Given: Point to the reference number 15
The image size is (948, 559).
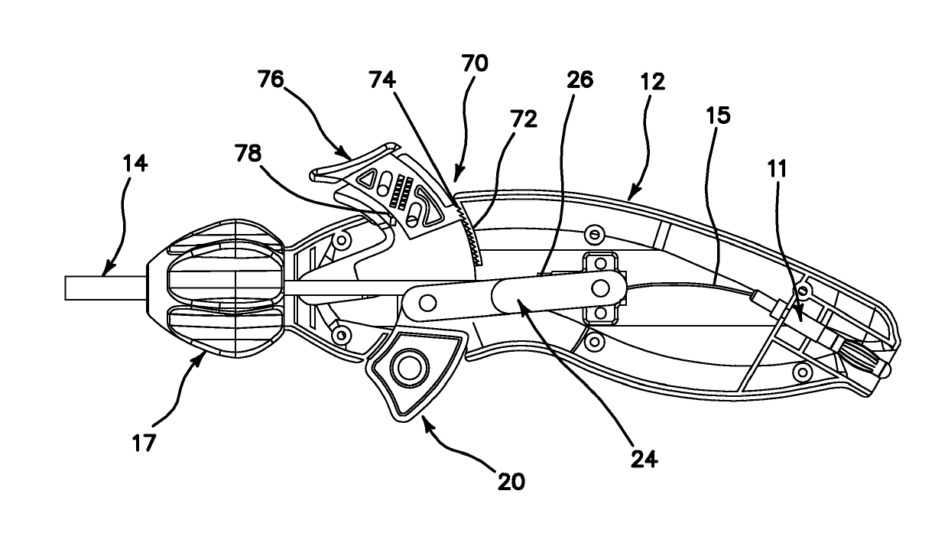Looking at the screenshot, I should (x=719, y=116).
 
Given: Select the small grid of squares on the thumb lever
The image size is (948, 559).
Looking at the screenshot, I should (x=398, y=191).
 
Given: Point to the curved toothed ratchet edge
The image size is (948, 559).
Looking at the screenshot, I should (x=467, y=237).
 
